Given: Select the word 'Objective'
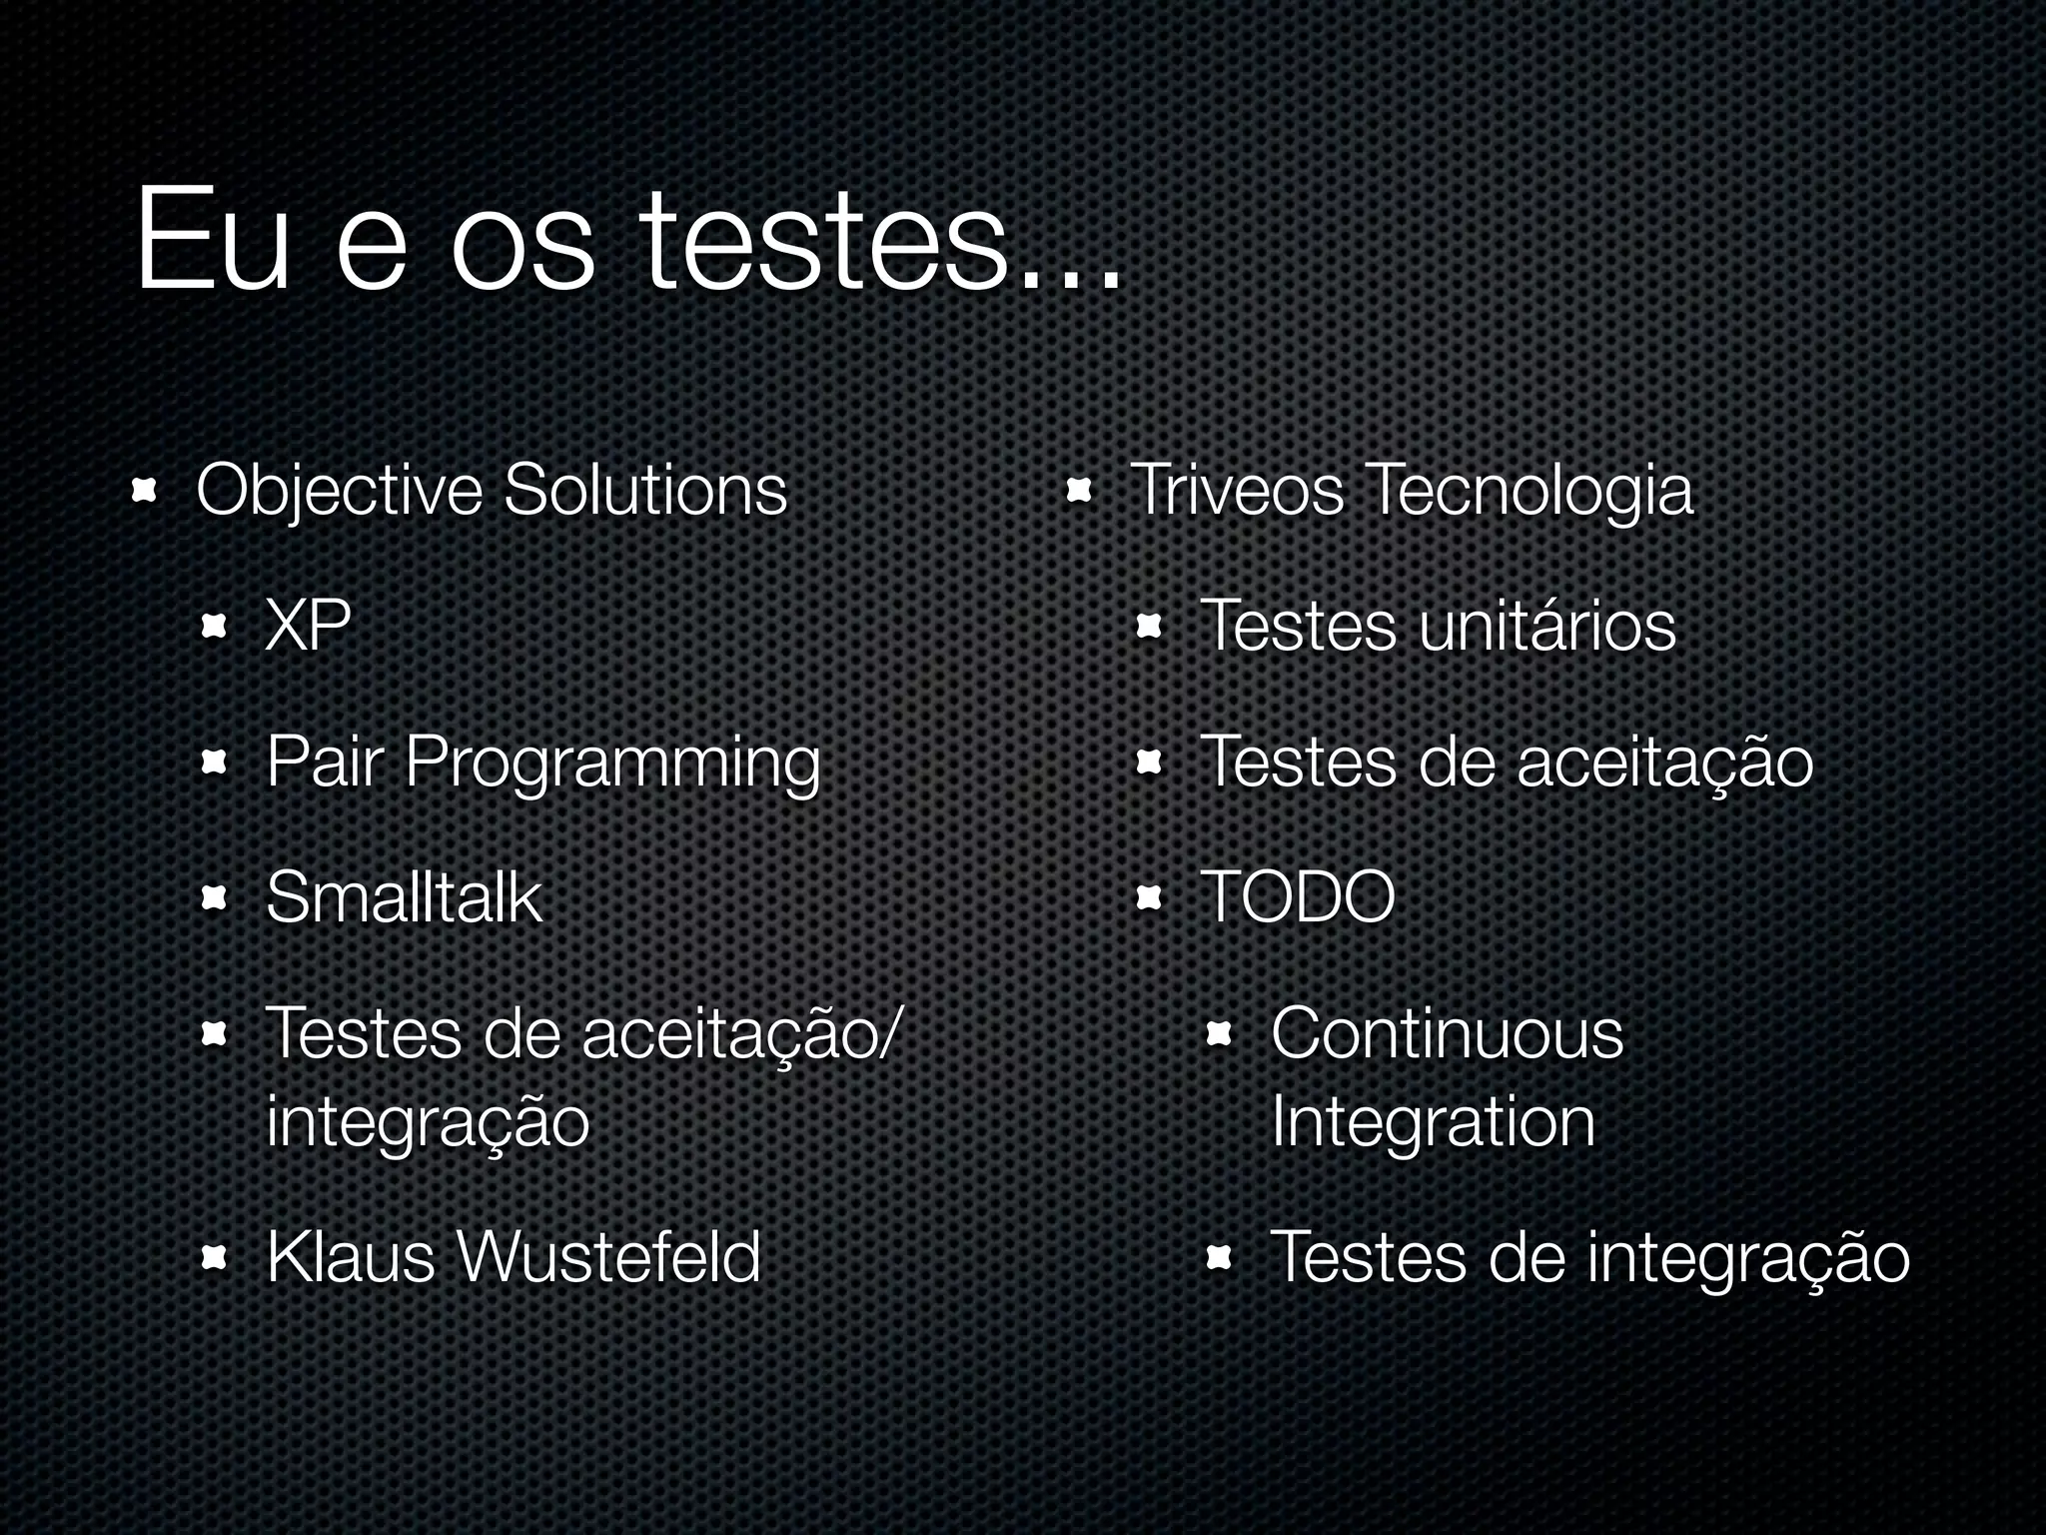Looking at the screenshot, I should (x=340, y=492).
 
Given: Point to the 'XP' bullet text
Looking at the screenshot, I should (x=308, y=627).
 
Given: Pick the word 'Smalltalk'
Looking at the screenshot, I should (x=404, y=896).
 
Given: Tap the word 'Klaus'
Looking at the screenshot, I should (x=350, y=1256).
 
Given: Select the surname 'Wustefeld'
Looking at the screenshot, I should (x=609, y=1256).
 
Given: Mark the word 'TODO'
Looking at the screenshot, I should (x=1297, y=896).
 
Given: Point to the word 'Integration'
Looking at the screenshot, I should (x=1433, y=1121).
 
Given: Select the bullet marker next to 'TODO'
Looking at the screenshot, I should (x=1149, y=898).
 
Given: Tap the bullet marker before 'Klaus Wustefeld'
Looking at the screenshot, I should (x=215, y=1258).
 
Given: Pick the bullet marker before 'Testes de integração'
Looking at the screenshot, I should (x=1219, y=1258).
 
